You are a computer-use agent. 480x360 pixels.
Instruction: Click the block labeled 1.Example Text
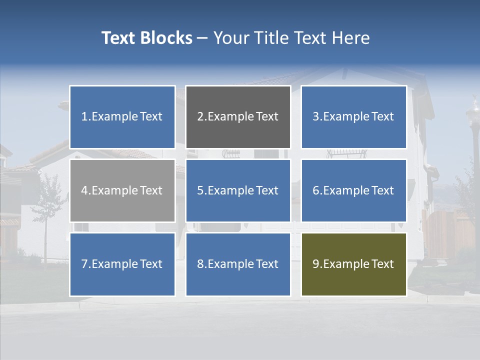coord(122,117)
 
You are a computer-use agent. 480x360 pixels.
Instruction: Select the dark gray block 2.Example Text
coord(238,117)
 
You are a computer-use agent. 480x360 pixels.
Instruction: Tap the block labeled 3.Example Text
coord(353,117)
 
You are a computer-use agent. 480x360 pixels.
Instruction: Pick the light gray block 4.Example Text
coord(122,190)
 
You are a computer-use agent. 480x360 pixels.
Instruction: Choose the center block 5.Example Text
coord(238,190)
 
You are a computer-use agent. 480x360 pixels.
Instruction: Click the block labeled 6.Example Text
coord(353,190)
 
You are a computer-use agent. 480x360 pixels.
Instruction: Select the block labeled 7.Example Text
coord(122,264)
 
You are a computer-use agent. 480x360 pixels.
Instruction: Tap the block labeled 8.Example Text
coord(238,264)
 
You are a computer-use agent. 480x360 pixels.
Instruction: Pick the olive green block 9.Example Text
coord(353,264)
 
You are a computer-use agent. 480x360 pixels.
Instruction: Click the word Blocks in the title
coord(165,38)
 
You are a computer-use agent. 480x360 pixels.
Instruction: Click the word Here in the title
coord(351,38)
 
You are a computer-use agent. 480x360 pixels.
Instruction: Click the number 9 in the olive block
coord(316,264)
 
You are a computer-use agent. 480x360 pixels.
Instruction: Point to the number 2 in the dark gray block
coord(200,117)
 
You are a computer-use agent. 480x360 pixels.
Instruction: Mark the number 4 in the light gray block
coord(84,190)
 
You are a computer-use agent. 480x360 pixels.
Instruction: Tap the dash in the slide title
coord(202,38)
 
